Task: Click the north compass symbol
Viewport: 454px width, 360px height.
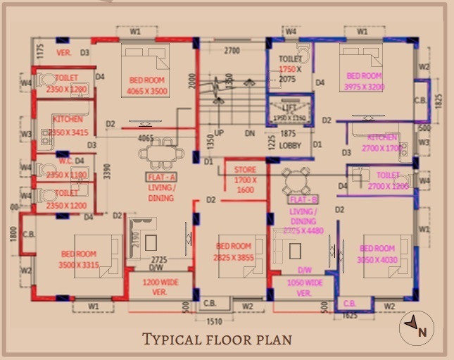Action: click(x=417, y=328)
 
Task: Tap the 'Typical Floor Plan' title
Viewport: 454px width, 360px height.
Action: click(x=217, y=339)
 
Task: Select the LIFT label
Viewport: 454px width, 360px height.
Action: click(x=289, y=107)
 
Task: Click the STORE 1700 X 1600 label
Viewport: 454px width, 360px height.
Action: click(x=245, y=180)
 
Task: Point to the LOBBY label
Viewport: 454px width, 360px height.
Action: click(x=289, y=146)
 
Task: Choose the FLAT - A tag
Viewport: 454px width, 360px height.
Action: click(x=162, y=176)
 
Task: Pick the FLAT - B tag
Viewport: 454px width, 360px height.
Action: click(x=304, y=199)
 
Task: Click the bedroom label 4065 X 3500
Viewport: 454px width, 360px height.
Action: click(x=147, y=86)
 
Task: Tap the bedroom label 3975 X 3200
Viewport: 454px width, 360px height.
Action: click(x=364, y=81)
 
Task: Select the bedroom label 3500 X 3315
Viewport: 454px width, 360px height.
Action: click(x=79, y=259)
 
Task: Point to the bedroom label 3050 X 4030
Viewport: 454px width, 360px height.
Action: click(x=378, y=254)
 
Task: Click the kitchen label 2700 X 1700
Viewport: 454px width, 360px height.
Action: click(x=382, y=143)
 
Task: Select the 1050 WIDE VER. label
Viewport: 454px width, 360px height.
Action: click(x=304, y=287)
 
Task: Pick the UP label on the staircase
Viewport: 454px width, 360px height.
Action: click(x=219, y=132)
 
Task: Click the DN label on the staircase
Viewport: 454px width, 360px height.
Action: click(x=249, y=132)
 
